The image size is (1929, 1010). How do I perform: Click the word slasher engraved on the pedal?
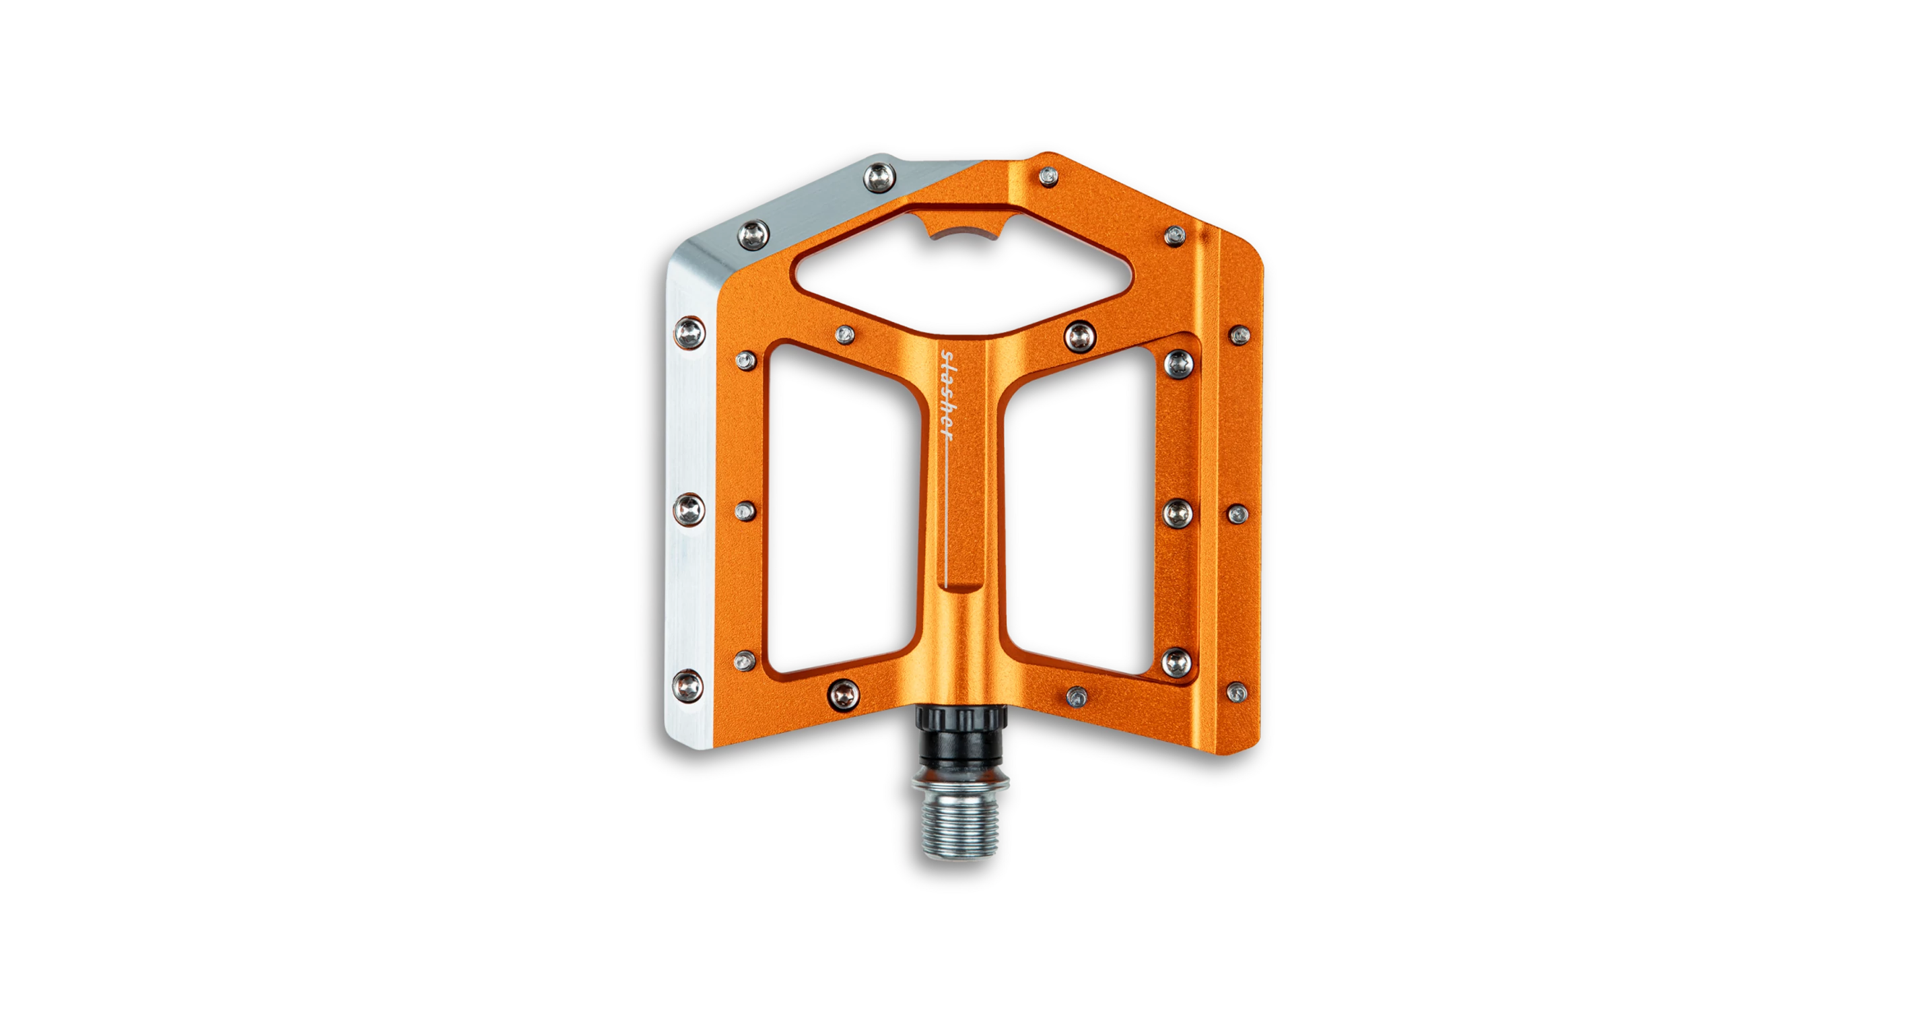[x=947, y=395]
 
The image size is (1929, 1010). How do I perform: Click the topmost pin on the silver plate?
[x=880, y=178]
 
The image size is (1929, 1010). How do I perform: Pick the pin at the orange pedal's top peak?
[x=1048, y=176]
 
